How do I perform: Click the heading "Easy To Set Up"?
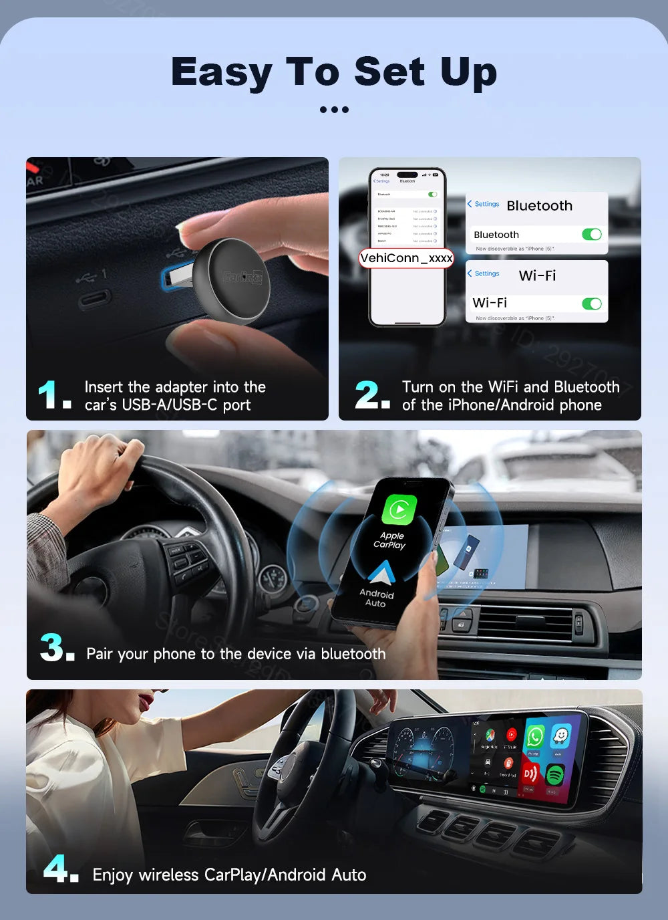pos(334,72)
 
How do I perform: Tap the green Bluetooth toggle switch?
pos(591,235)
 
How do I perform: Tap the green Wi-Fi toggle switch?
pos(591,304)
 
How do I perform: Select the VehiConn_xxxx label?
pos(406,258)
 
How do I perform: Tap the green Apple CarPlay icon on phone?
pos(399,510)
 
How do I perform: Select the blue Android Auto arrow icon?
pos(381,572)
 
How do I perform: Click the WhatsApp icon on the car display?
pos(534,737)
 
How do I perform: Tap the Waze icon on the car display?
pos(560,737)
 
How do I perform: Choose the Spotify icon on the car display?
pos(555,775)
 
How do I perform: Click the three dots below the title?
pos(334,110)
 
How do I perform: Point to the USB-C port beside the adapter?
pos(94,299)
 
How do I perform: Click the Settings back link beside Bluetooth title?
pos(484,204)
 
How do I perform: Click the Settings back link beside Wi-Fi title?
pos(484,273)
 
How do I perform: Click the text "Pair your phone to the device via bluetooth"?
pos(236,654)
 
